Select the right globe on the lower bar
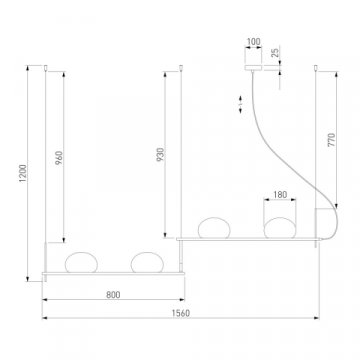(x=146, y=264)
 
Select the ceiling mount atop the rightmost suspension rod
(x=317, y=69)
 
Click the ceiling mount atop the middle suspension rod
(x=180, y=69)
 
